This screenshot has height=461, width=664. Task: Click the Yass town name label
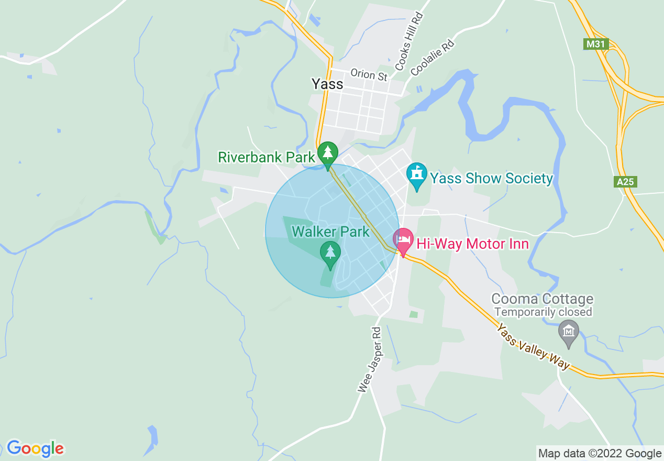tap(327, 84)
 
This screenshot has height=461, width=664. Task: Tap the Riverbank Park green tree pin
tap(328, 152)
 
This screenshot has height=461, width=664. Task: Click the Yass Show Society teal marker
tap(417, 174)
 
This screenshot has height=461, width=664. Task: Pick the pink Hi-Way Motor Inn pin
tap(403, 240)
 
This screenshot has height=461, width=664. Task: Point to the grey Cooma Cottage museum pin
tap(568, 331)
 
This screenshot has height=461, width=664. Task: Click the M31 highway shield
tap(596, 44)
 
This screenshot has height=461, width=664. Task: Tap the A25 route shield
tap(625, 182)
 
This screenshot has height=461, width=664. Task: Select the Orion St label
tap(369, 74)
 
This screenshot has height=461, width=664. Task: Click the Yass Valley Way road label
tap(533, 347)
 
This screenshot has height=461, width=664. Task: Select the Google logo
tap(35, 448)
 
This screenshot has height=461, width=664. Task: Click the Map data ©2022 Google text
tap(600, 453)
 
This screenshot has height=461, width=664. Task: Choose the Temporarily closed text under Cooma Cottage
tap(543, 312)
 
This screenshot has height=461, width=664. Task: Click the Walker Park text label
tap(330, 231)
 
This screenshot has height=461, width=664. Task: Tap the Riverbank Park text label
tap(267, 157)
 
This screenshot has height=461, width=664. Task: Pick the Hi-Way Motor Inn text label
tap(472, 244)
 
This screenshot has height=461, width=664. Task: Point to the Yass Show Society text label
tap(491, 179)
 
